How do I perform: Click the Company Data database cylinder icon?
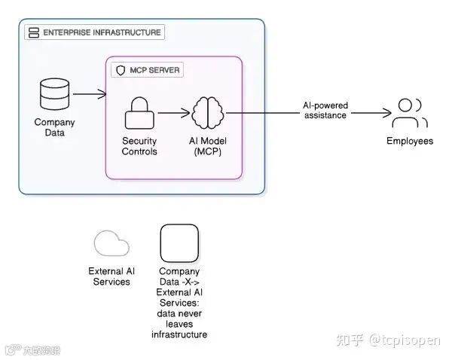[54, 93]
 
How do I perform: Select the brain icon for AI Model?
[208, 113]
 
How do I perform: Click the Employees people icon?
[410, 113]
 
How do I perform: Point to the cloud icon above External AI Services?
[111, 244]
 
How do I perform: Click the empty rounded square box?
[179, 243]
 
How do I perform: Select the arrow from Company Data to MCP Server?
[90, 94]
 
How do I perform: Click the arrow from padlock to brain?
[173, 114]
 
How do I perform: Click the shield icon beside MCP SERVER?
[120, 70]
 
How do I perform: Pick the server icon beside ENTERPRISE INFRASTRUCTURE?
[33, 32]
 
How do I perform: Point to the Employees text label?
[410, 141]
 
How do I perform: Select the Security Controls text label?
[139, 146]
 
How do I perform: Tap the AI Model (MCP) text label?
[207, 146]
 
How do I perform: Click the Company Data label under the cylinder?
[54, 127]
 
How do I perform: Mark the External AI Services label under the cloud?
[111, 276]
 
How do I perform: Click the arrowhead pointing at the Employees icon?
[387, 114]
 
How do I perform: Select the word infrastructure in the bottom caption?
[179, 334]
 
